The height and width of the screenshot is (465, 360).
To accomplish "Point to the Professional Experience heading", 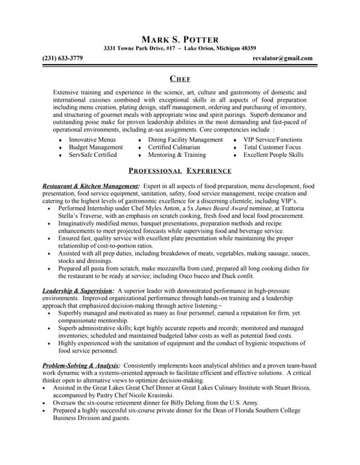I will pyautogui.click(x=180, y=171).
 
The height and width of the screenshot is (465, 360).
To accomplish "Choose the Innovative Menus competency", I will pyautogui.click(x=92, y=139).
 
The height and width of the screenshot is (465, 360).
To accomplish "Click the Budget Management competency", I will pyautogui.click(x=96, y=147).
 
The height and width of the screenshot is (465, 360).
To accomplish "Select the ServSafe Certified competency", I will pyautogui.click(x=92, y=155).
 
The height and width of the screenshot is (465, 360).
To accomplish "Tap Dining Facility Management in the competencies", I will pyautogui.click(x=185, y=139).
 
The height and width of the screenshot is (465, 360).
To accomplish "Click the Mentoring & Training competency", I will pyautogui.click(x=177, y=155).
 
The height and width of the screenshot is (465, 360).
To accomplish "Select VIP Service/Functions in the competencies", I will pyautogui.click(x=273, y=139).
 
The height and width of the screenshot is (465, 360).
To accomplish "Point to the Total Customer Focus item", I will pyautogui.click(x=273, y=147).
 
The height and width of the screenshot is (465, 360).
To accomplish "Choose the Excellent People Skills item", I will pyautogui.click(x=273, y=155).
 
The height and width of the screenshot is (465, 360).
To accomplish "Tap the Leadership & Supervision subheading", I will pyautogui.click(x=78, y=291).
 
